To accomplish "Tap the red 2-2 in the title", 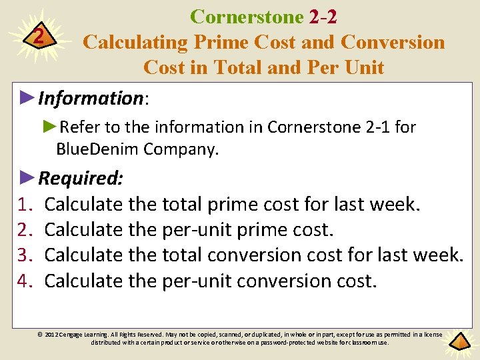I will pyautogui.click(x=322, y=17).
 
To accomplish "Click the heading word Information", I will pyautogui.click(x=91, y=99).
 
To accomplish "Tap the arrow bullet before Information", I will pyautogui.click(x=27, y=98).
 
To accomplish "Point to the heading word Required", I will pyautogui.click(x=81, y=178).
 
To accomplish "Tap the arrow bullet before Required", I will pyautogui.click(x=27, y=177).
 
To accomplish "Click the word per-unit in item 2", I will pyautogui.click(x=191, y=229).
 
